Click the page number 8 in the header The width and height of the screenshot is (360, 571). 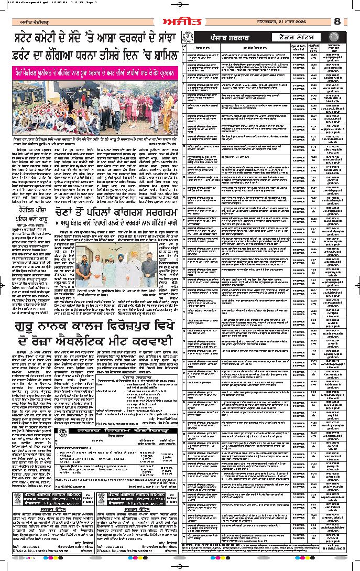(337, 21)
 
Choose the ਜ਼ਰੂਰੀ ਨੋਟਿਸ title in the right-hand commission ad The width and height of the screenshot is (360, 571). (134, 508)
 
